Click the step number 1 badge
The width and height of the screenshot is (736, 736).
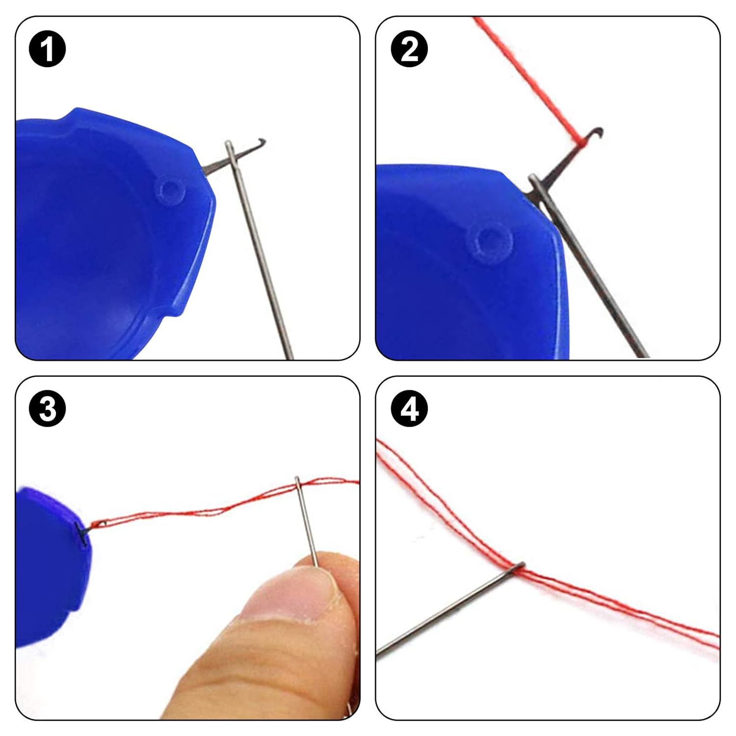pos(48,49)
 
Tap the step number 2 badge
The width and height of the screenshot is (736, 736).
pos(409,49)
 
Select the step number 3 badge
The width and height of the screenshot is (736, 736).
pos(48,408)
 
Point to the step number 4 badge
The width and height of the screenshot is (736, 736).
pos(409,408)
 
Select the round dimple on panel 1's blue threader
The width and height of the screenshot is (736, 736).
pos(170,190)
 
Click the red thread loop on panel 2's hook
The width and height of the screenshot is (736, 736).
pos(580,142)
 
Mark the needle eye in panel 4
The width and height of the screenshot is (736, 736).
pos(518,567)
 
